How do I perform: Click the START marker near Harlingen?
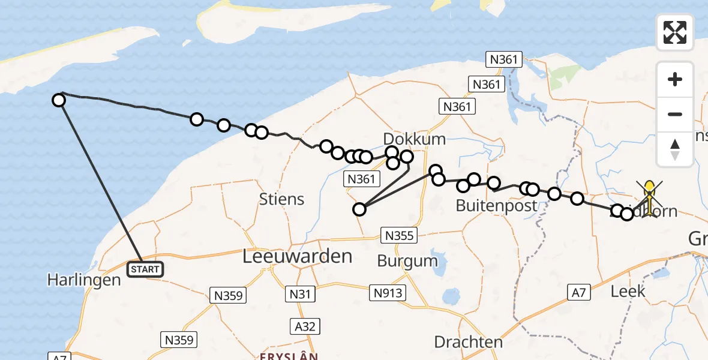coord(145,269)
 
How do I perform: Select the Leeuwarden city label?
coord(297,257)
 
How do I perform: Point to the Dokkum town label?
coord(415,139)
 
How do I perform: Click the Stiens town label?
coord(282,199)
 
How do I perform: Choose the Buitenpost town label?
coord(496,205)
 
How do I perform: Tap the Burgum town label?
coord(407,260)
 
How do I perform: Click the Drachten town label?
coord(468,342)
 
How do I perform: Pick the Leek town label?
coord(628,291)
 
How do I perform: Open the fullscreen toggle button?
coord(675,32)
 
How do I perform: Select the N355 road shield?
coord(399,235)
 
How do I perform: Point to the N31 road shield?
coord(301,295)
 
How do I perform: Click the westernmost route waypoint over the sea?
coord(59,100)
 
